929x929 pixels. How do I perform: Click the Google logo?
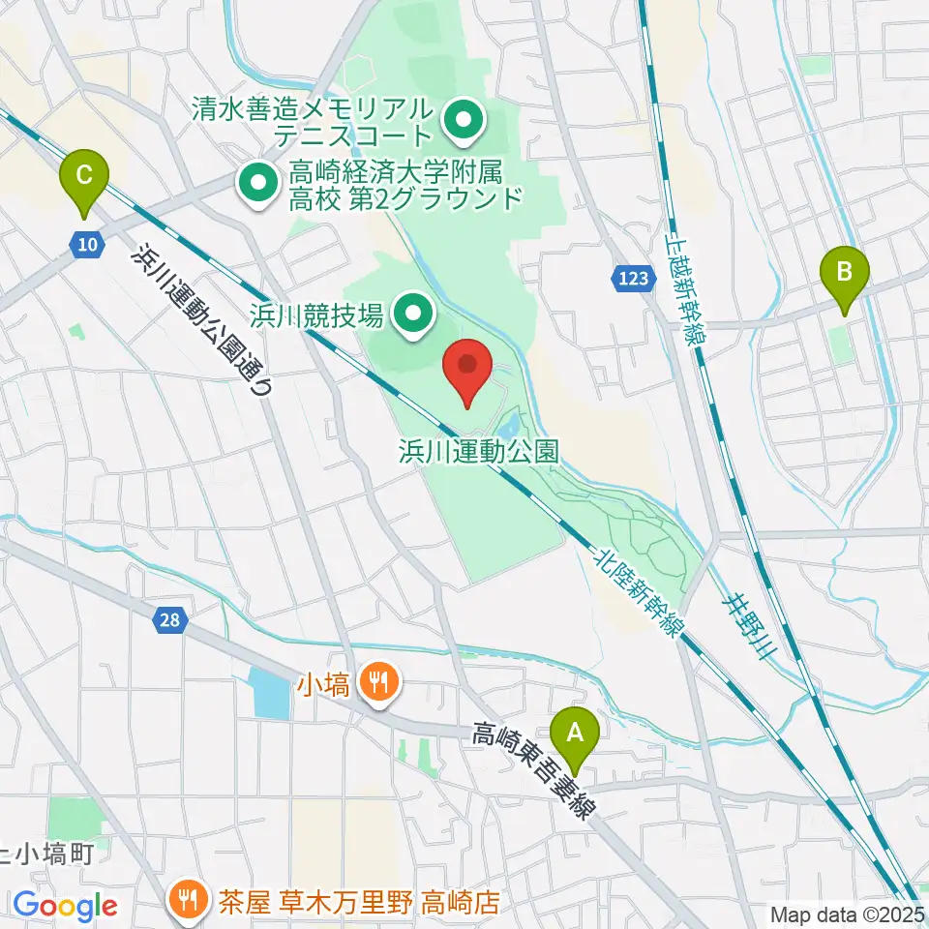click(64, 906)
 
